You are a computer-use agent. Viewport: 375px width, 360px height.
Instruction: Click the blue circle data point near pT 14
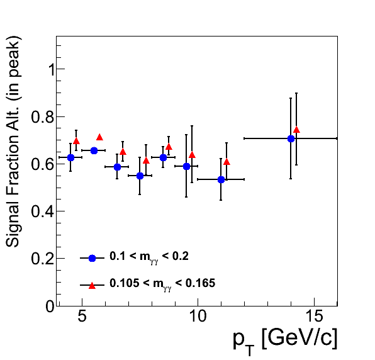291,138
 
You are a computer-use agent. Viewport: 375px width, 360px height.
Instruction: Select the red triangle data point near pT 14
296,130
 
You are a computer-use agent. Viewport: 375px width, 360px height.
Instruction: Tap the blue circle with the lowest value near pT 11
221,179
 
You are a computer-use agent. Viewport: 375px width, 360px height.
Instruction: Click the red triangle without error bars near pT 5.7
99,137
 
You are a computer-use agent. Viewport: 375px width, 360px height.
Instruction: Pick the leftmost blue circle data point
71,157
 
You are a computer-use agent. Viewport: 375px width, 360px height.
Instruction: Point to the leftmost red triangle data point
76,141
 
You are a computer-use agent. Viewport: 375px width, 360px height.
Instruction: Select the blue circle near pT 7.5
140,176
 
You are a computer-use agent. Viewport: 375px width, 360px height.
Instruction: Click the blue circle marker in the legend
92,258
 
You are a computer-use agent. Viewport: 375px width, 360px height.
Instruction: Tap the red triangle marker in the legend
92,286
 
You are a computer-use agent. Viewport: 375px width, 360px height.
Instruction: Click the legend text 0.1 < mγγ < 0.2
149,257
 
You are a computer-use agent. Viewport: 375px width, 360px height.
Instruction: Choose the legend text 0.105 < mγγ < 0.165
162,284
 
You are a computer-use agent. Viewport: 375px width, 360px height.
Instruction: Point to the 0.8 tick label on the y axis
43,117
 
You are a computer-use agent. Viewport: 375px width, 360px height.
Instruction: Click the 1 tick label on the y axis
51,69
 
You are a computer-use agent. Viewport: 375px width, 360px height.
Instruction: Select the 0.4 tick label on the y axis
43,211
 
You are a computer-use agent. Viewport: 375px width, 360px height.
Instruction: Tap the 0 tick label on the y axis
50,306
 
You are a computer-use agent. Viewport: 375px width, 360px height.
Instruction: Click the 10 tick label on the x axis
198,316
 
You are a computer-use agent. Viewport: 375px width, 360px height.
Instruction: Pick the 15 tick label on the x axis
314,316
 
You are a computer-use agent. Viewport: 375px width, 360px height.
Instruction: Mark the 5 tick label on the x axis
82,316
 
